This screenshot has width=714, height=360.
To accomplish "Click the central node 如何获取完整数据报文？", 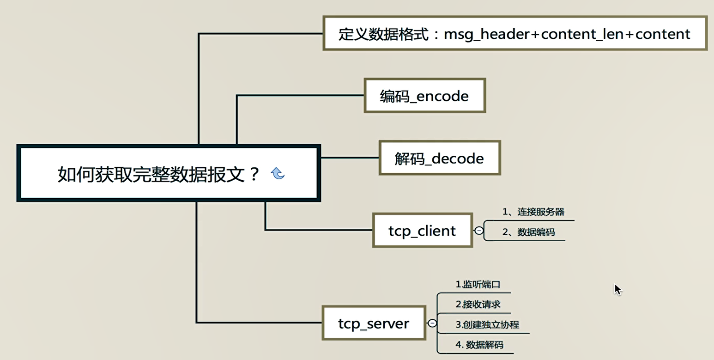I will [x=157, y=175].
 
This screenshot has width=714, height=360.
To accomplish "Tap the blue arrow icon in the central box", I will [x=278, y=173].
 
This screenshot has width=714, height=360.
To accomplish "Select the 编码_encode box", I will [x=424, y=96].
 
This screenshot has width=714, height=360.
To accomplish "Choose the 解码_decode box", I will [x=439, y=158].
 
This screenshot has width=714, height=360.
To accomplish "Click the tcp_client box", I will [x=422, y=230].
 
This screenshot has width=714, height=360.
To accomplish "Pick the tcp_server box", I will [x=373, y=323].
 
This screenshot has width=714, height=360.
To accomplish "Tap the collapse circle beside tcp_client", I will [x=479, y=230].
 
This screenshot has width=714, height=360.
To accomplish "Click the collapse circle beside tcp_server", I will [x=432, y=323].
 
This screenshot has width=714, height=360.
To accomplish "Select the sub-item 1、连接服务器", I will [x=533, y=212].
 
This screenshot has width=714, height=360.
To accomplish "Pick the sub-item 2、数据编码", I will [x=528, y=232].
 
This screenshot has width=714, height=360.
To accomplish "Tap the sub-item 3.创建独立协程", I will [x=487, y=325].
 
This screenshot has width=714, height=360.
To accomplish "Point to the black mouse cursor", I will [x=617, y=289].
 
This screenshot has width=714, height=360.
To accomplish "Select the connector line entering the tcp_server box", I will [x=259, y=322].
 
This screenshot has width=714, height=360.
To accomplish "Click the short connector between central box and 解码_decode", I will [x=350, y=158].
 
